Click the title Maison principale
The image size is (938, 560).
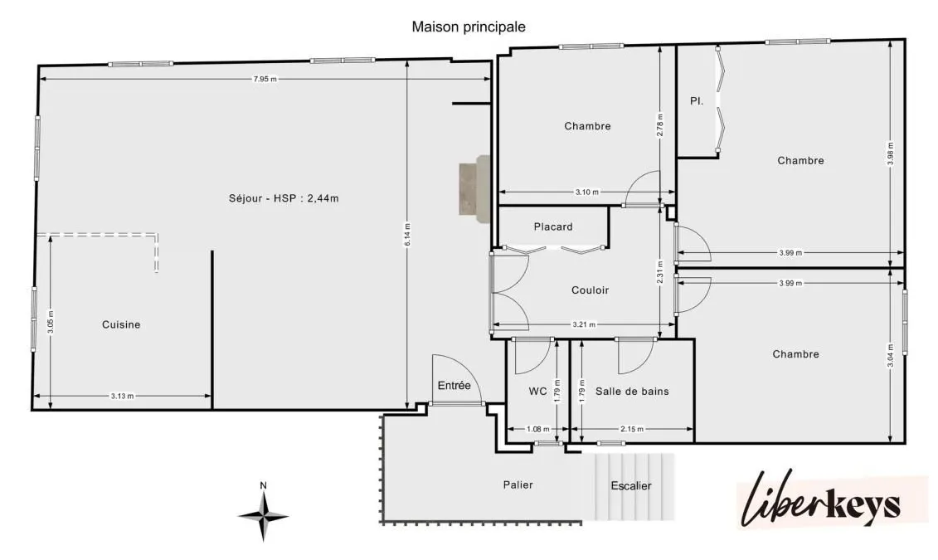point(469,27)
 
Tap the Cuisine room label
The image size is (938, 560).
point(121,325)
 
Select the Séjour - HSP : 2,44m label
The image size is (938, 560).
point(284,198)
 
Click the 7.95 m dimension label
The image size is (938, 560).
point(265,79)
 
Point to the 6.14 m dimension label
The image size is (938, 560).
point(407,235)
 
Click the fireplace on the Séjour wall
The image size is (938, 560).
point(474,188)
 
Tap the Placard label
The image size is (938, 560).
point(553,226)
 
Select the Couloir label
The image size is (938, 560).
point(590,290)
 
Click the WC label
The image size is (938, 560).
point(537,392)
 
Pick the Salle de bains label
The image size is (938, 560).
point(632,392)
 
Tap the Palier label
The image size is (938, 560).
point(518,485)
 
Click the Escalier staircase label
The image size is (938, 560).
point(631,486)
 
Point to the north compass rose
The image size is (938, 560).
point(263,516)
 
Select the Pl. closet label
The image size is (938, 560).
point(697,101)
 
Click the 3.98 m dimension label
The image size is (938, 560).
point(891,153)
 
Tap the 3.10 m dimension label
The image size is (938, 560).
point(587,192)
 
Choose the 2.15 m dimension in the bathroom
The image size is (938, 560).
point(632,429)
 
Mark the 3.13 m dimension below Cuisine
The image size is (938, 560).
point(122,396)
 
